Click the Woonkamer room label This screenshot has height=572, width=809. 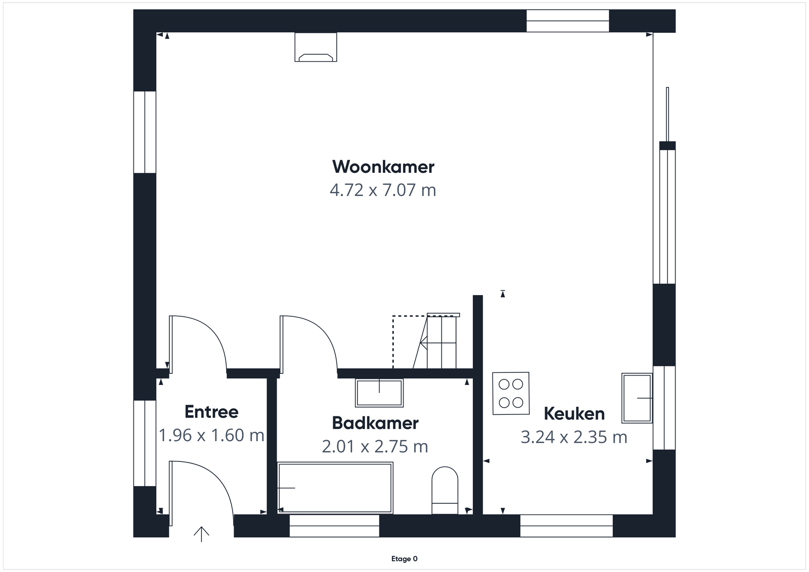click(x=383, y=167)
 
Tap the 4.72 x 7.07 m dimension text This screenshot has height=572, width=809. click(x=383, y=190)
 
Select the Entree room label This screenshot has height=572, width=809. click(x=211, y=412)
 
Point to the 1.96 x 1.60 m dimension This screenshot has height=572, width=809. click(x=212, y=435)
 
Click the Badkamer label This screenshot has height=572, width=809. click(x=375, y=423)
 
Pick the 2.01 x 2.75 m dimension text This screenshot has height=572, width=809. click(x=375, y=447)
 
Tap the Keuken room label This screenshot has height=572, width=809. click(x=574, y=413)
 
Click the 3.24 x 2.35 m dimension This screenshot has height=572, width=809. click(x=574, y=437)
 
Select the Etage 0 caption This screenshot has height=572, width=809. click(x=404, y=559)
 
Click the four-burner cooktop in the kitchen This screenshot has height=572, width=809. click(x=511, y=393)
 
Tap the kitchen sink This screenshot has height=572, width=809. click(x=637, y=398)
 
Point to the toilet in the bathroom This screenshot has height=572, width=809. click(x=445, y=490)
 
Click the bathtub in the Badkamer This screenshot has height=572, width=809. click(x=335, y=488)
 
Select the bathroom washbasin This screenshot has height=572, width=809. click(x=379, y=393)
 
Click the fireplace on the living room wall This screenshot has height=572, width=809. click(x=316, y=47)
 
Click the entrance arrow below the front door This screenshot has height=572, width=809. click(x=202, y=534)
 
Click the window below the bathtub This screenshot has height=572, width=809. click(x=334, y=526)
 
